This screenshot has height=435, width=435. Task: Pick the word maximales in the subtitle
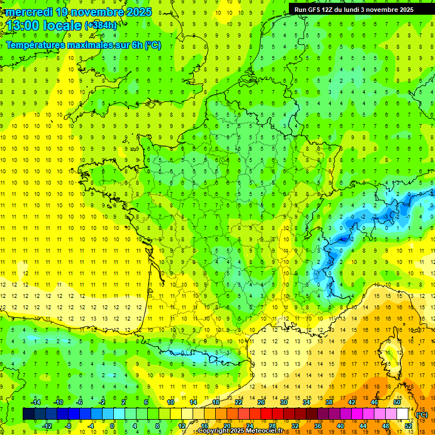(91, 45)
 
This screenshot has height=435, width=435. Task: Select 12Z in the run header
(326, 10)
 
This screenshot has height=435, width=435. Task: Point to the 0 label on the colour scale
(112, 426)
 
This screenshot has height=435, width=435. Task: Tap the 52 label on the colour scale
(408, 426)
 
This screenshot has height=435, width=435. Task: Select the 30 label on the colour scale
(283, 402)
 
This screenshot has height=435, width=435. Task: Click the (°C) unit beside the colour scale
(421, 415)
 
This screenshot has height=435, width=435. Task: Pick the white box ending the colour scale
(403, 414)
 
